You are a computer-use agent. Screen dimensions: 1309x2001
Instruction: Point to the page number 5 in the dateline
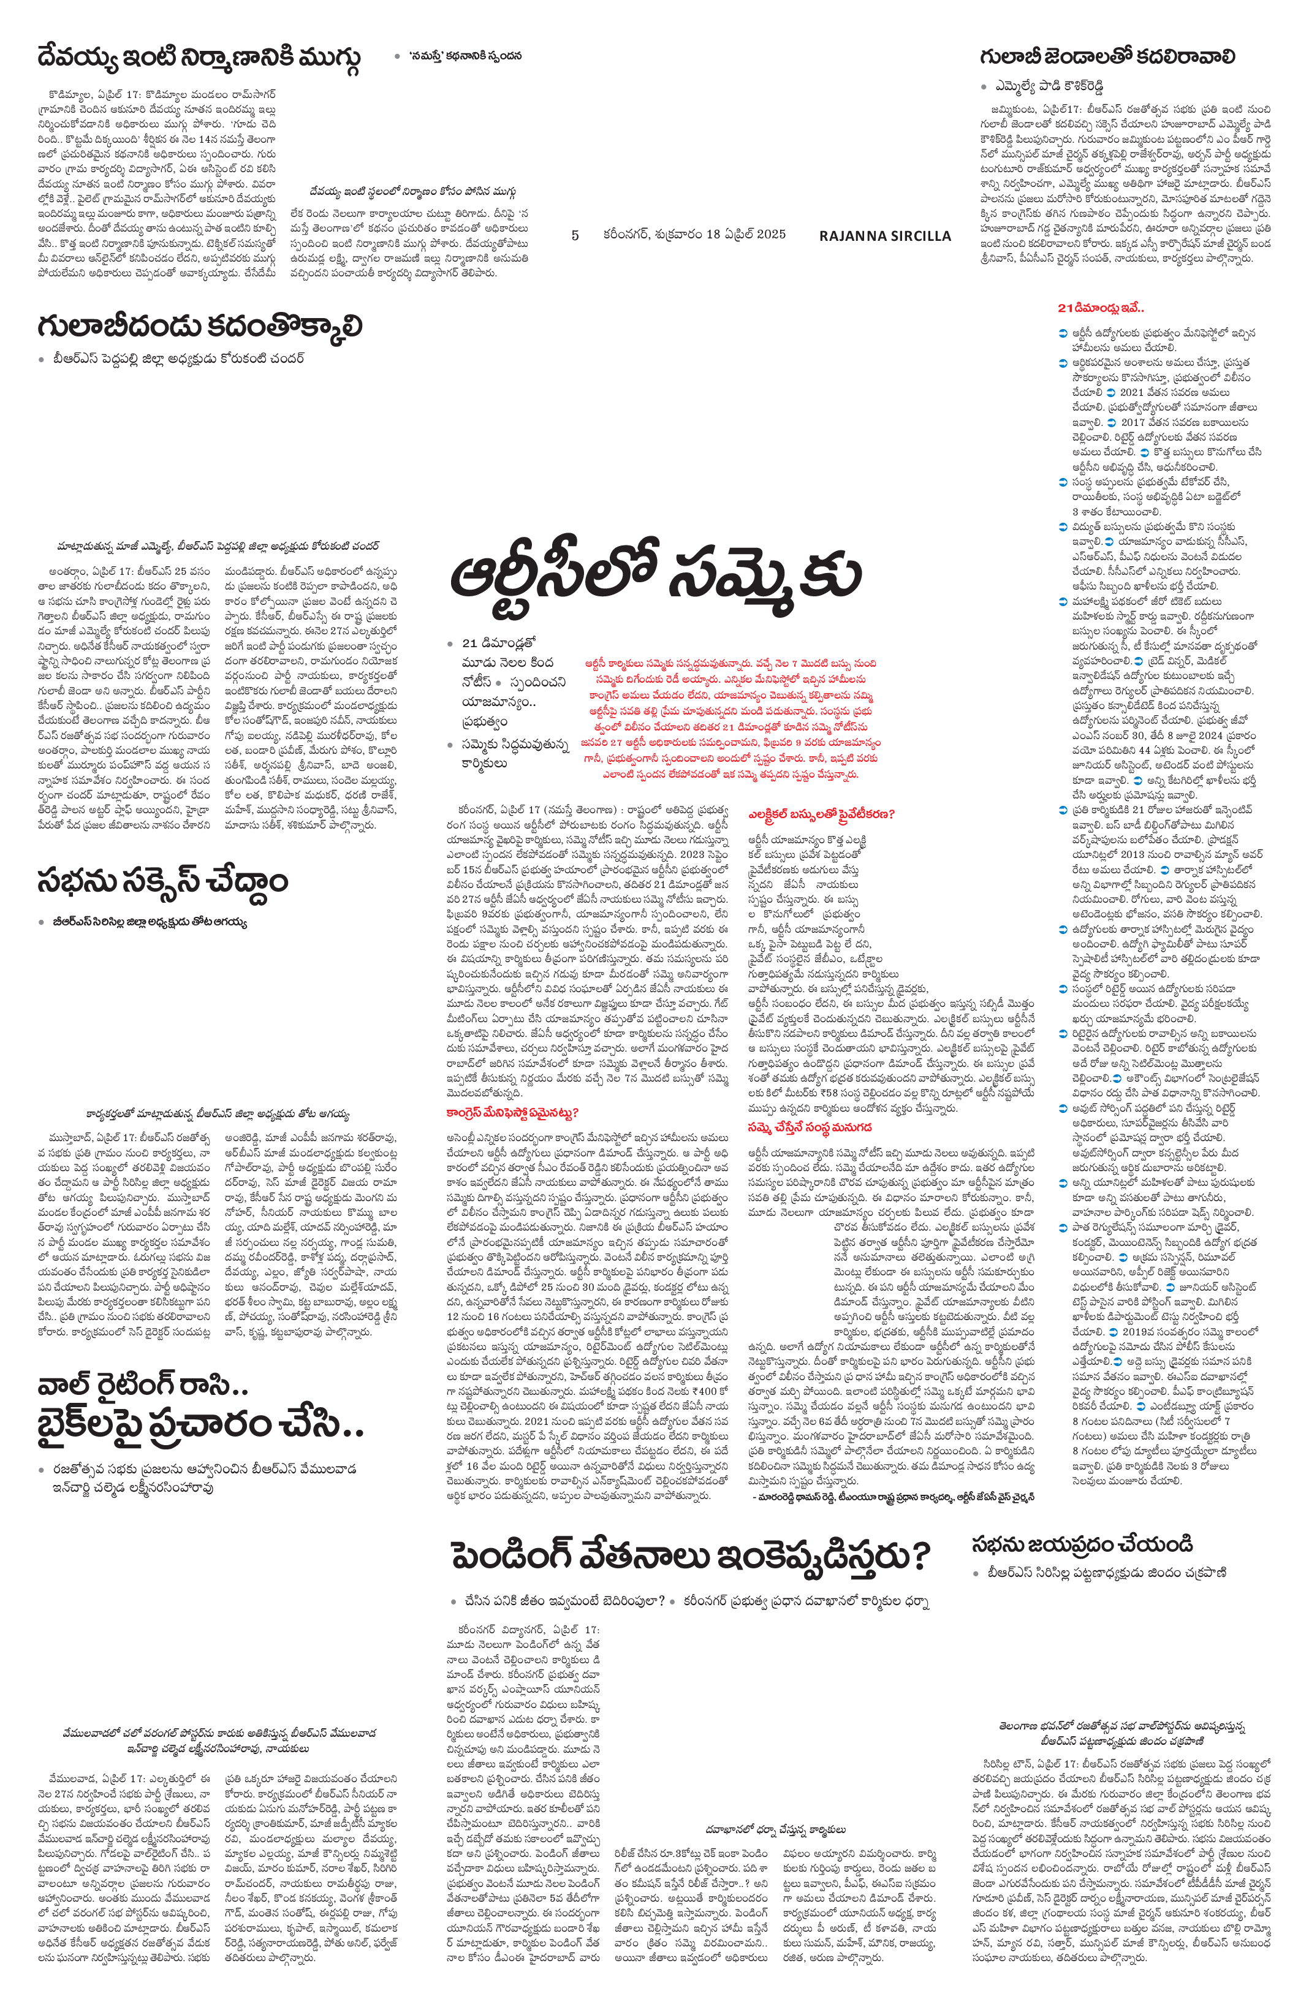[575, 235]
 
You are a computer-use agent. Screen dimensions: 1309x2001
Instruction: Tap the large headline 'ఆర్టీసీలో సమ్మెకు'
[656, 574]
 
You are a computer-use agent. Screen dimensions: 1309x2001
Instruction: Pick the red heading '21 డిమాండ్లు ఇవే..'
[1101, 308]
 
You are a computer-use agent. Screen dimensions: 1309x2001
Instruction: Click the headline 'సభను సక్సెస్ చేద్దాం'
[162, 882]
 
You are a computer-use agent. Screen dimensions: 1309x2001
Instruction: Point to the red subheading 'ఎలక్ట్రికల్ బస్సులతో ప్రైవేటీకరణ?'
[821, 814]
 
